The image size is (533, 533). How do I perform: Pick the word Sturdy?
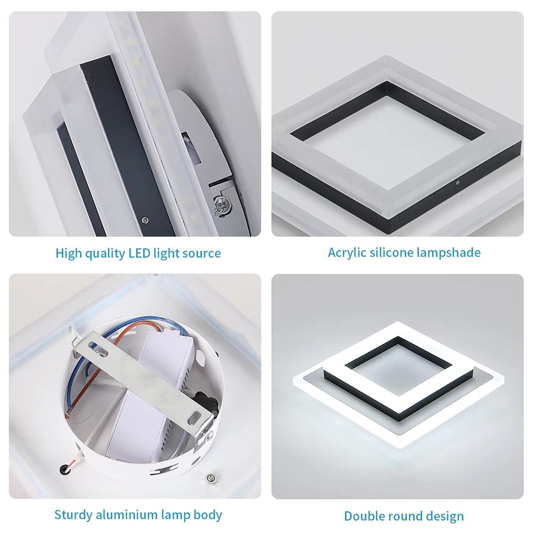(74, 515)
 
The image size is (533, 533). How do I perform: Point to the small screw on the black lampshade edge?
(457, 182)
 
